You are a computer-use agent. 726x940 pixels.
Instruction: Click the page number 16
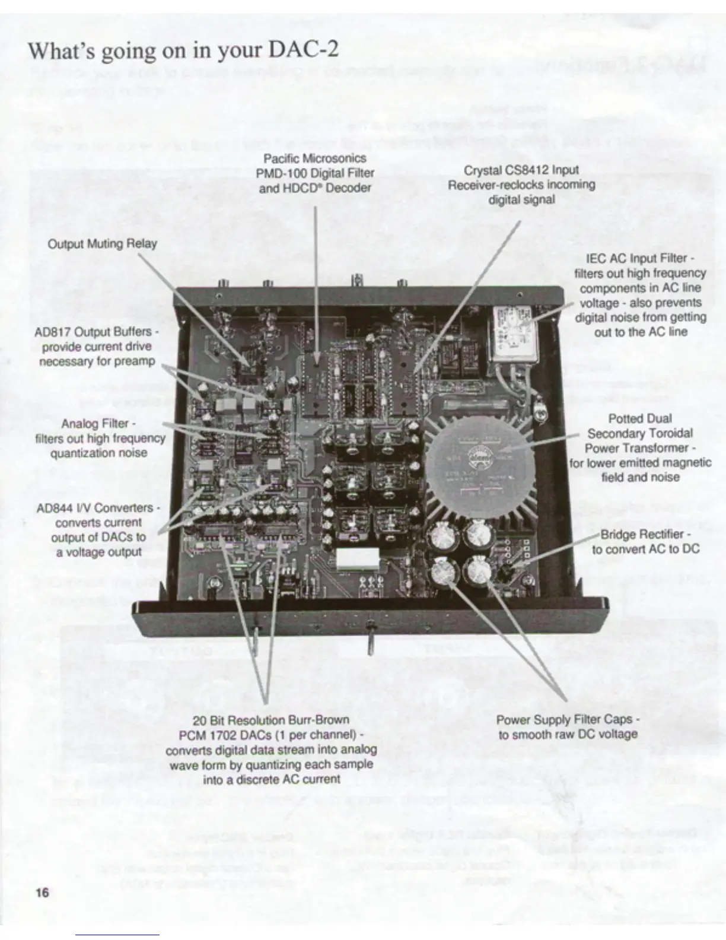[x=42, y=892]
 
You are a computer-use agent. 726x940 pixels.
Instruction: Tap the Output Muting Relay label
[x=102, y=244]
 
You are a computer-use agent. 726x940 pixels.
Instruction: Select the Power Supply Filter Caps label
[x=568, y=720]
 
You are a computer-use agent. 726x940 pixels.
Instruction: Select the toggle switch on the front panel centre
[x=368, y=642]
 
